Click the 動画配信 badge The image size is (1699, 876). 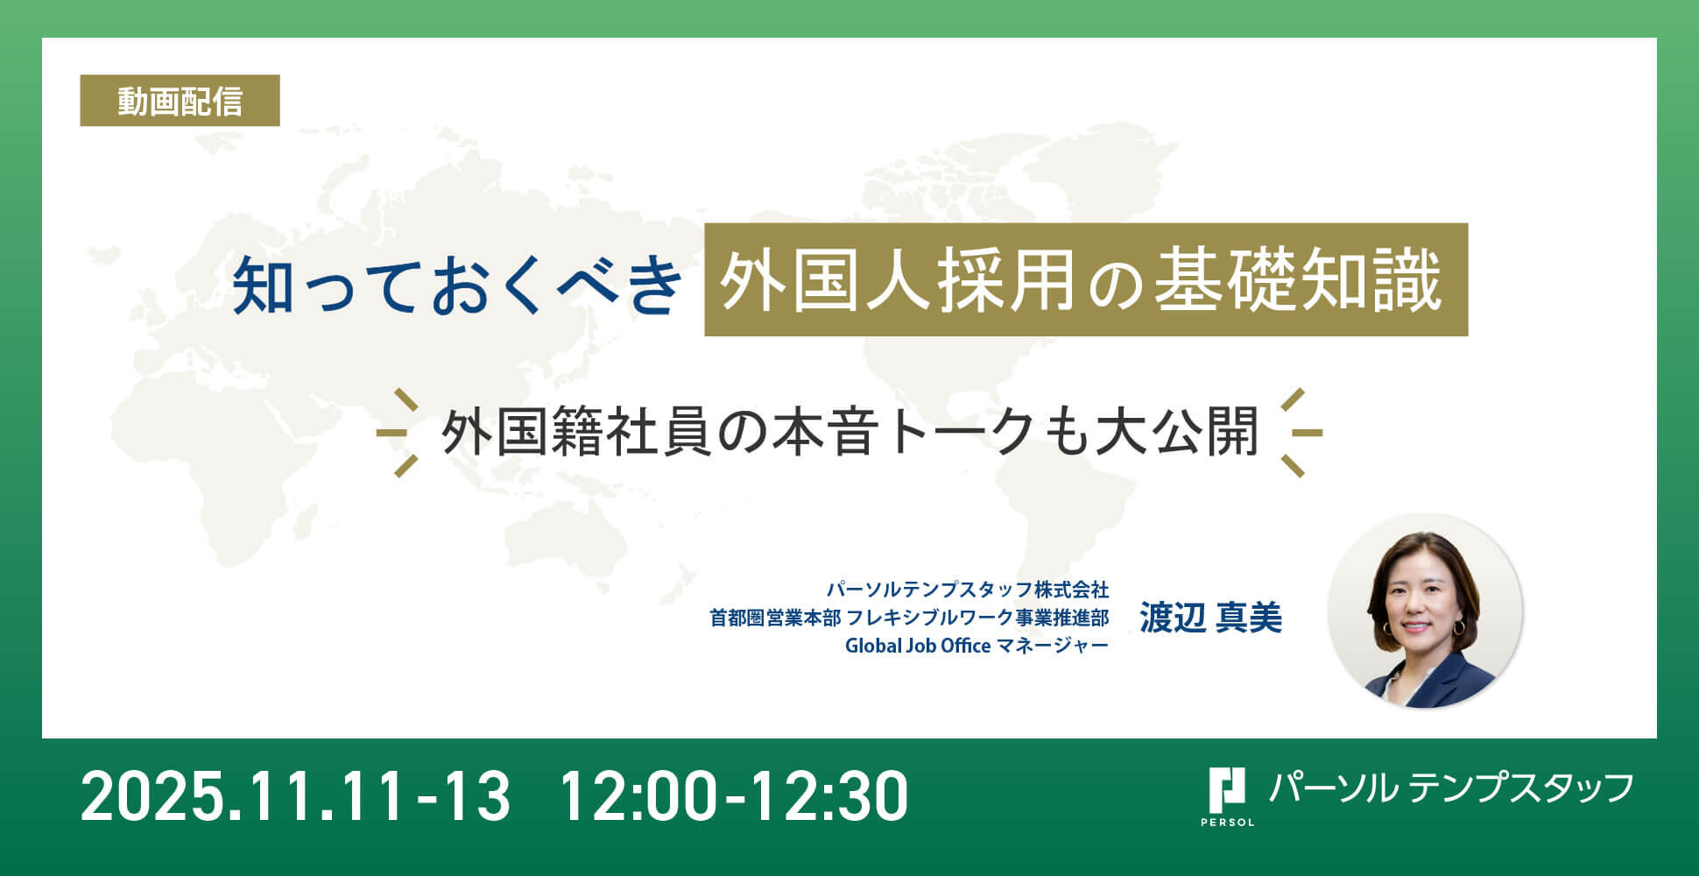pyautogui.click(x=180, y=101)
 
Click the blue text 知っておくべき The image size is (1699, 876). pyautogui.click(x=457, y=284)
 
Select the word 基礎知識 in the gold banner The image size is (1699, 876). pyautogui.click(x=1299, y=281)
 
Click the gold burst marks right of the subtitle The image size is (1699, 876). pyautogui.click(x=1301, y=433)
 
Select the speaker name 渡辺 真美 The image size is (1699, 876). pyautogui.click(x=1210, y=618)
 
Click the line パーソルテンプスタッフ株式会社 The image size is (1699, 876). pyautogui.click(x=968, y=589)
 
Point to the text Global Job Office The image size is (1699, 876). pyautogui.click(x=918, y=646)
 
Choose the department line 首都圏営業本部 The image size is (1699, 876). pyautogui.click(x=775, y=618)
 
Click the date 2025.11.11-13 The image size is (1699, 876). pyautogui.click(x=295, y=795)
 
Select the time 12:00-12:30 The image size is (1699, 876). pyautogui.click(x=733, y=795)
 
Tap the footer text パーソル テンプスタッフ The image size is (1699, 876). pyautogui.click(x=1451, y=788)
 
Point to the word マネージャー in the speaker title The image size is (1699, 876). pyautogui.click(x=1053, y=646)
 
